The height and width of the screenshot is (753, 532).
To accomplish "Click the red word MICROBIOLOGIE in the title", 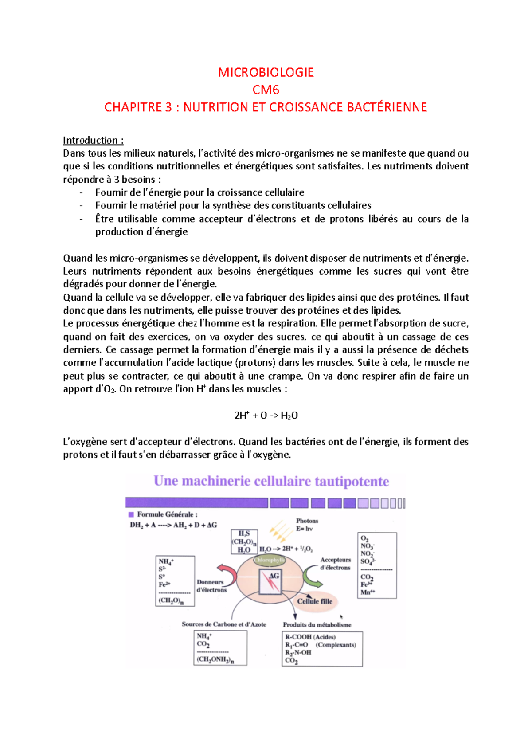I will pos(266,72).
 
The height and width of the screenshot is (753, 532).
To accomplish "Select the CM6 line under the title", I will pos(266,90).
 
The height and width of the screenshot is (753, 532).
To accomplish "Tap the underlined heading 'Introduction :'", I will pos(93,141).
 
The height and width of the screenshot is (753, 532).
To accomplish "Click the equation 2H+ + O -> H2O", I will pos(266,416).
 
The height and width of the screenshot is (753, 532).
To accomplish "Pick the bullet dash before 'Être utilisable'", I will pos(81,219).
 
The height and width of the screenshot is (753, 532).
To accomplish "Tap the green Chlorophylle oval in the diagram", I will pos(270,560).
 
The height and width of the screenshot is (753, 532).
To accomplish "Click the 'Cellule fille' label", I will pos(314,601).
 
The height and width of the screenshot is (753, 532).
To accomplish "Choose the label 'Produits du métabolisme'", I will pos(317,625).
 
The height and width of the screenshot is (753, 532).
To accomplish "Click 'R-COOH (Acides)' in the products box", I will pos(310,637).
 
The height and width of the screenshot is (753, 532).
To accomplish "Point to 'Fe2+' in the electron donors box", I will pos(164,584).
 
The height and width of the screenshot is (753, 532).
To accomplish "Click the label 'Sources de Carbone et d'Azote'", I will pos(224,624).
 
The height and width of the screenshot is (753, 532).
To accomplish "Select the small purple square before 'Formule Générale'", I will pos(131,514).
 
